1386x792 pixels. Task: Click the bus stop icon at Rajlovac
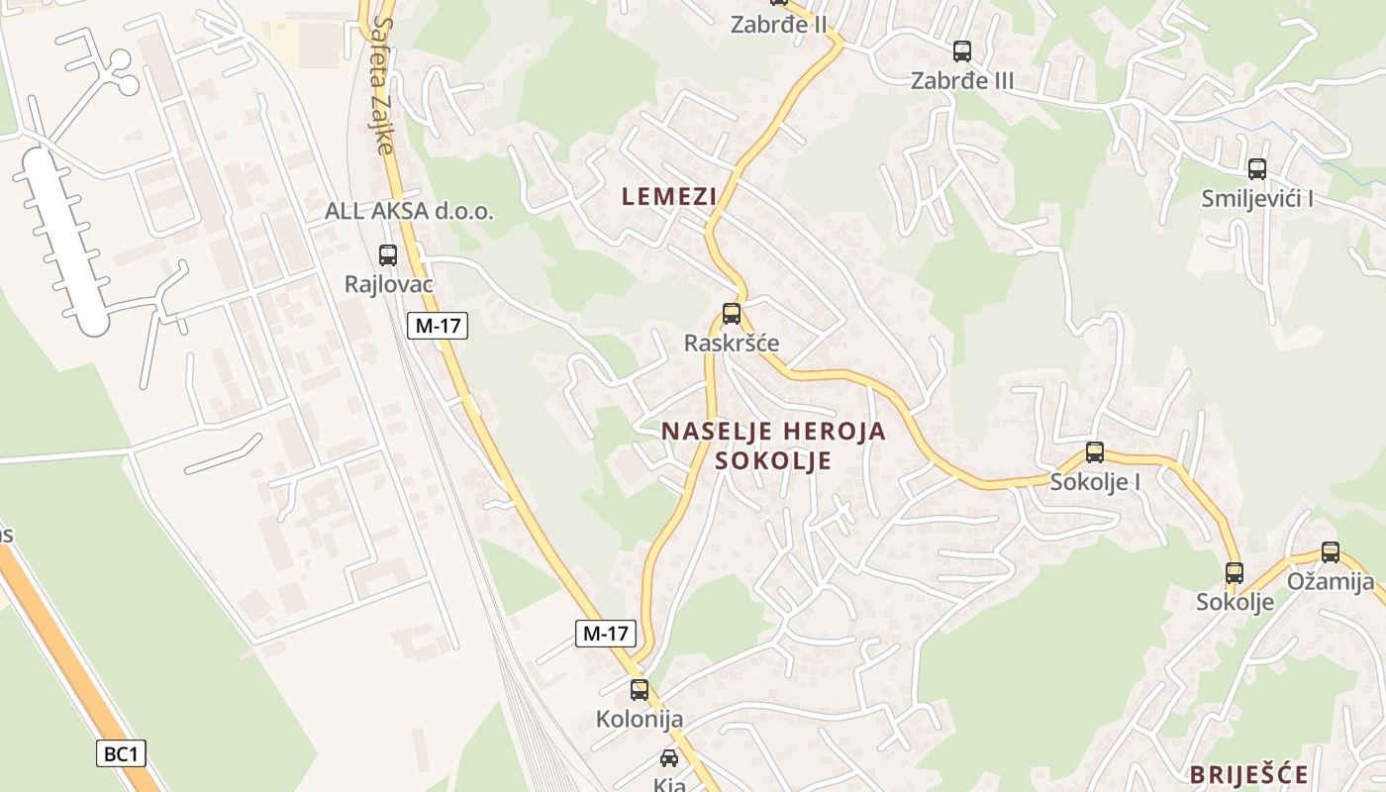[x=388, y=254]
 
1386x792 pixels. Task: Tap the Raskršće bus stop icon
[x=731, y=314]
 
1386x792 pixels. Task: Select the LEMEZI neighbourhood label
[x=668, y=196]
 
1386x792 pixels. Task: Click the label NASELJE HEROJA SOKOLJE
[x=773, y=445]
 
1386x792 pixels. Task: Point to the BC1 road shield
[x=122, y=753]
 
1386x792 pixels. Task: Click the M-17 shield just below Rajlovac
[x=437, y=325]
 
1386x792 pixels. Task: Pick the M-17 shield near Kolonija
[x=605, y=634]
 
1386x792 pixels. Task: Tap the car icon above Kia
[x=669, y=758]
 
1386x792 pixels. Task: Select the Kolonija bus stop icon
[x=640, y=689]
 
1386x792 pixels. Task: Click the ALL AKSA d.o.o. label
[x=409, y=211]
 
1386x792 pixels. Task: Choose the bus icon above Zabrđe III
[x=961, y=50]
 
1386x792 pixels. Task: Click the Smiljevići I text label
[x=1257, y=198]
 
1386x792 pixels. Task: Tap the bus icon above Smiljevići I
[x=1257, y=168]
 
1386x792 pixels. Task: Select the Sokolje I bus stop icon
[x=1095, y=452]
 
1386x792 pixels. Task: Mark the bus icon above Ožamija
[x=1331, y=552]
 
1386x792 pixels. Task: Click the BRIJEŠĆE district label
[x=1249, y=774]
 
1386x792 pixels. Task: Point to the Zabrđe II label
[x=778, y=25]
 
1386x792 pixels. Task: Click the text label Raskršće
[x=732, y=344]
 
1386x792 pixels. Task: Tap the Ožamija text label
[x=1331, y=582]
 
